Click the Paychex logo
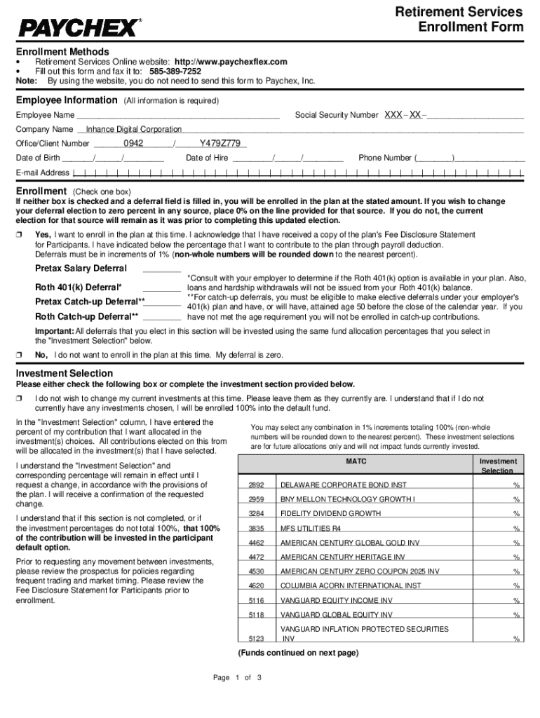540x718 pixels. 79,28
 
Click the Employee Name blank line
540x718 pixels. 178,116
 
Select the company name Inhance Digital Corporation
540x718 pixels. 133,130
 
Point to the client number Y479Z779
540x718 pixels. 221,144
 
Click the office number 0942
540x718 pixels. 133,144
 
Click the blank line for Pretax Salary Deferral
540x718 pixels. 162,269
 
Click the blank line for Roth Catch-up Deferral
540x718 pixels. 162,317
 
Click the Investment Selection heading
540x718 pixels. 65,374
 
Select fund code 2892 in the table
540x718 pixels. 256,485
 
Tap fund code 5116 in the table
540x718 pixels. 256,601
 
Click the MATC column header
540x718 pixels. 356,462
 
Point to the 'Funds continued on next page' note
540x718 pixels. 299,653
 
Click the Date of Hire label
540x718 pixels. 207,158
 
